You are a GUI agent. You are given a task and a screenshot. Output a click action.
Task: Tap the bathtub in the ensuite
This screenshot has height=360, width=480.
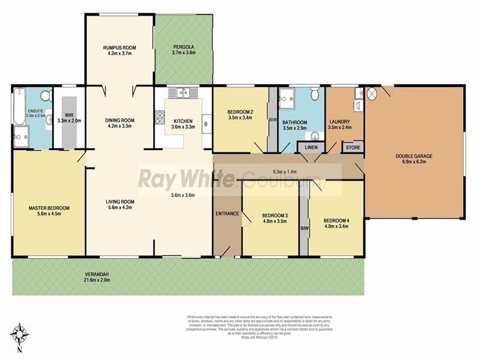pos(20,106)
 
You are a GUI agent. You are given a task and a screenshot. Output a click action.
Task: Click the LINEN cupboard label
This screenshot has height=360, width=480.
pos(311,147)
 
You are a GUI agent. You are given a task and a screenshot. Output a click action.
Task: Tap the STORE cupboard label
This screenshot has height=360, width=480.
pos(352,147)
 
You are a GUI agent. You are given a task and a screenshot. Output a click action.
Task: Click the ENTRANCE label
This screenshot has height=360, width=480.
pos(227,214)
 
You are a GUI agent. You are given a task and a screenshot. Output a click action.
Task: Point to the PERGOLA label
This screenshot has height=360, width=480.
pos(184,47)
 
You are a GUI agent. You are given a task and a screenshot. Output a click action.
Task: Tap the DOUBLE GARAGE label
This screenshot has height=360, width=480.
pos(414,159)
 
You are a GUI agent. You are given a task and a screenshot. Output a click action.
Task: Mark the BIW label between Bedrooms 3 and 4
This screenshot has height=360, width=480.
pos(304,229)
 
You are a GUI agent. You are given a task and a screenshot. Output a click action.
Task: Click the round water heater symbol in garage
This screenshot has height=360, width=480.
pos(373,94)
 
